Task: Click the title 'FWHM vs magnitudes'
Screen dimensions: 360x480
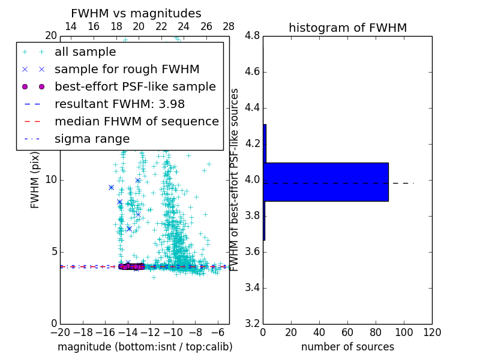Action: (136, 14)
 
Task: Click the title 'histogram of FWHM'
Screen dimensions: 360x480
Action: (347, 28)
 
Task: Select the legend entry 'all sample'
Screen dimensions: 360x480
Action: (85, 52)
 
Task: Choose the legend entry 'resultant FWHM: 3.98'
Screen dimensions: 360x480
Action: (119, 104)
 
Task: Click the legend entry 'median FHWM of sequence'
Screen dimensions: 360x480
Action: (136, 122)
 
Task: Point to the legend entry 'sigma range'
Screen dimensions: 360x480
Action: (92, 139)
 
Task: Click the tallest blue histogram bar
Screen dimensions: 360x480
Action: (326, 182)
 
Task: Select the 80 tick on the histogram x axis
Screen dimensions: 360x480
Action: (376, 332)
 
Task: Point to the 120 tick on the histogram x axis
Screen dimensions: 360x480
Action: (432, 332)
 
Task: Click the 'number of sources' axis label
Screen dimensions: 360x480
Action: (347, 347)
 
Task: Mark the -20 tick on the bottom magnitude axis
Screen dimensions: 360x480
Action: (60, 332)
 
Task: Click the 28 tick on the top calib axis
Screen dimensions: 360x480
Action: (229, 26)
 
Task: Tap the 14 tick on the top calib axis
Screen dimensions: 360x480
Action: (70, 26)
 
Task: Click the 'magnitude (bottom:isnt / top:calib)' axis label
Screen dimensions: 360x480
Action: (145, 347)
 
